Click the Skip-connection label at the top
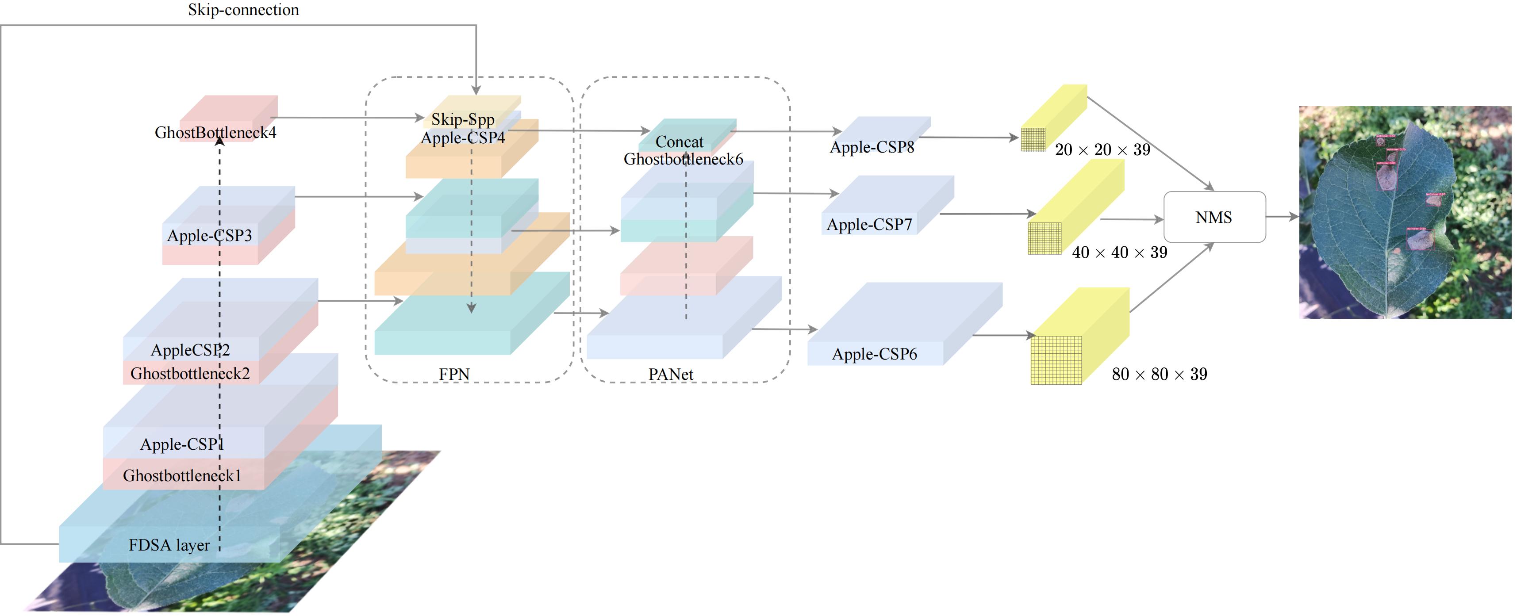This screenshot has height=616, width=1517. pos(243,10)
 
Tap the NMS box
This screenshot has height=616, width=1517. pos(1214,217)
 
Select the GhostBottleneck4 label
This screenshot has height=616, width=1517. pos(215,133)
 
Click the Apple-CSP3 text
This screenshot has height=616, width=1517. pos(210,236)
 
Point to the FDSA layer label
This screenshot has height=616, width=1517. pos(169,545)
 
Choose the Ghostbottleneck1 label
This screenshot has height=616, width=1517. pos(182,475)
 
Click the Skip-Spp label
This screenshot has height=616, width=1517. pos(463,119)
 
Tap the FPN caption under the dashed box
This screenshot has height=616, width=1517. pos(454,374)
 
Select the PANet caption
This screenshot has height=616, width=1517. pos(671,374)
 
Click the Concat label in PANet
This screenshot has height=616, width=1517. pos(679,142)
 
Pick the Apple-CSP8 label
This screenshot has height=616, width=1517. pos(872,147)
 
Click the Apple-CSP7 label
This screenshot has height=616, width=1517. pos(869,224)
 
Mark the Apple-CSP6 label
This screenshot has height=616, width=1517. pos(875,354)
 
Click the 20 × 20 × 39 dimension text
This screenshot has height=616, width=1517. pos(1102,149)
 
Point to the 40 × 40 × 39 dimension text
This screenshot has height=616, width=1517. pos(1119,253)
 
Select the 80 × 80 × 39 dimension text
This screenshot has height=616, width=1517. pos(1159,374)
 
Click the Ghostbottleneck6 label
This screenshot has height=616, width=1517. pos(683,159)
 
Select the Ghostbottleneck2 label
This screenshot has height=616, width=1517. pos(190,373)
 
